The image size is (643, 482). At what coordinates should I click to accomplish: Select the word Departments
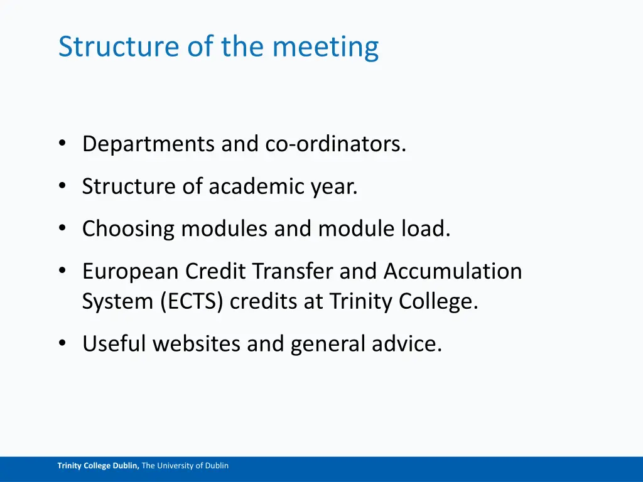pos(149,145)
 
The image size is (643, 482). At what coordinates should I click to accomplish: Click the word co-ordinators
pos(336,144)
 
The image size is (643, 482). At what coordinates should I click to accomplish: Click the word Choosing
pos(129,229)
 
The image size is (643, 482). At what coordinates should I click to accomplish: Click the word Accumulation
pos(453,271)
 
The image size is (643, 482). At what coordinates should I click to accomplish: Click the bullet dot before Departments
pos(62,144)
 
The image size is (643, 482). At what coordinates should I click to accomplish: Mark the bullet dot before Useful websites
pos(62,343)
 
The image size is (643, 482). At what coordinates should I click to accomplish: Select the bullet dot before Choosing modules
pos(62,228)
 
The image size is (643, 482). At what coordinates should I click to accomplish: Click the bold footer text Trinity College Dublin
pos(99,466)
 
